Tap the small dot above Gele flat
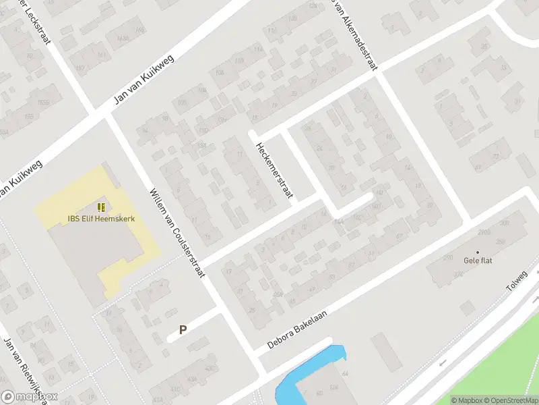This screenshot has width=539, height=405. pyautogui.click(x=478, y=253)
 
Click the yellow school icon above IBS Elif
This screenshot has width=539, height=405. pyautogui.click(x=101, y=207)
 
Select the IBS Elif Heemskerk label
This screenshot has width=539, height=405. pyautogui.click(x=101, y=218)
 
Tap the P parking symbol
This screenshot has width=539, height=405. pyautogui.click(x=182, y=330)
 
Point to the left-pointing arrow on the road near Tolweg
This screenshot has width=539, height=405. pyautogui.click(x=443, y=363)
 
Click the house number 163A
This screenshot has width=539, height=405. pyautogui.click(x=123, y=39)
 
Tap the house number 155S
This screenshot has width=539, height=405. pyautogui.click(x=44, y=102)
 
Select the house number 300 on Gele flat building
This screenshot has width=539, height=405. pyautogui.click(x=503, y=223)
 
